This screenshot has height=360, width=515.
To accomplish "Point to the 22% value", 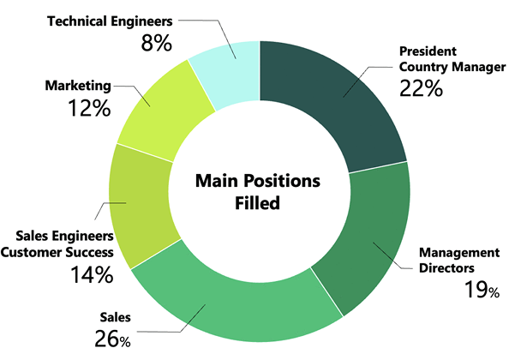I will (x=421, y=87).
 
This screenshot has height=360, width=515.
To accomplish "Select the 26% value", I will (x=111, y=339).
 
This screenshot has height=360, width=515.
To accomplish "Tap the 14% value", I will (x=92, y=274).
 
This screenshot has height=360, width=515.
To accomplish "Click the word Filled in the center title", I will (x=257, y=203).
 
